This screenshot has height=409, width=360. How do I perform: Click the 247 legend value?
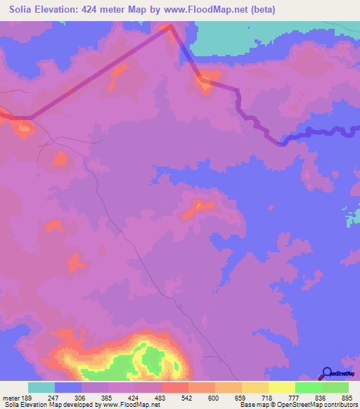click(68, 397)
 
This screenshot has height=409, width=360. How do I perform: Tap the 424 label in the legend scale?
click(148, 397)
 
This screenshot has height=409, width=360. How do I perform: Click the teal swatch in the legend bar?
click(41, 387)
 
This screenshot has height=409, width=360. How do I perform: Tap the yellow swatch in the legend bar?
click(281, 387)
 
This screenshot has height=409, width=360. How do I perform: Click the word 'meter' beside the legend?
click(11, 397)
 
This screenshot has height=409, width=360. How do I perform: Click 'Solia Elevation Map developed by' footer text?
click(49, 405)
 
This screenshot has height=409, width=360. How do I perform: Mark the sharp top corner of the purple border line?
click(170, 27)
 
